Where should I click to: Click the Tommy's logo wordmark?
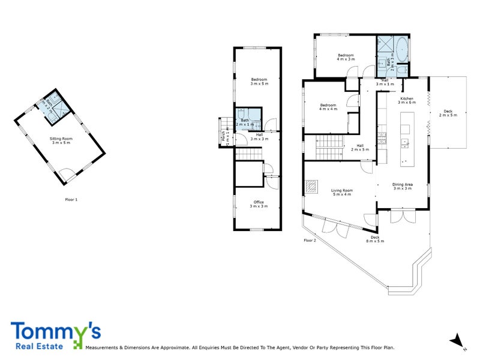[x=55, y=331]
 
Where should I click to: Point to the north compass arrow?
[x=457, y=339]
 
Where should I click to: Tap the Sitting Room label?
[x=60, y=140]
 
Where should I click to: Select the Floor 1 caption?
[x=71, y=199]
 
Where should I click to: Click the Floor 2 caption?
[x=310, y=240]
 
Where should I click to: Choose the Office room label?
[x=259, y=204]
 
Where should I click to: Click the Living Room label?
[x=342, y=193]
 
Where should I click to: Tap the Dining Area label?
[x=403, y=187]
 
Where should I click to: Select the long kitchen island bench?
[x=406, y=137]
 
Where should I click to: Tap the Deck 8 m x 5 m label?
[x=375, y=239]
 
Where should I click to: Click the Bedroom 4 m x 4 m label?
[x=328, y=107]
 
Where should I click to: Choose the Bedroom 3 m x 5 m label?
[x=259, y=81]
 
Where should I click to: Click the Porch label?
[x=224, y=137]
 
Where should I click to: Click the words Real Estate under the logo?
[x=34, y=346]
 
